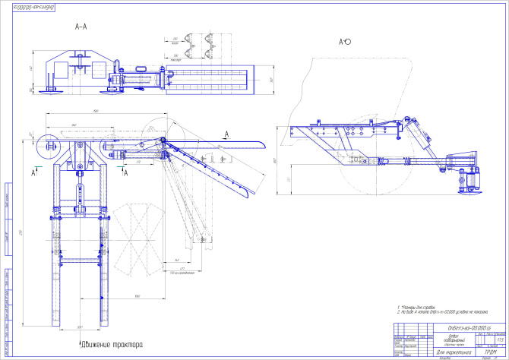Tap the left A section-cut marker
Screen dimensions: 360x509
[36, 173]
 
